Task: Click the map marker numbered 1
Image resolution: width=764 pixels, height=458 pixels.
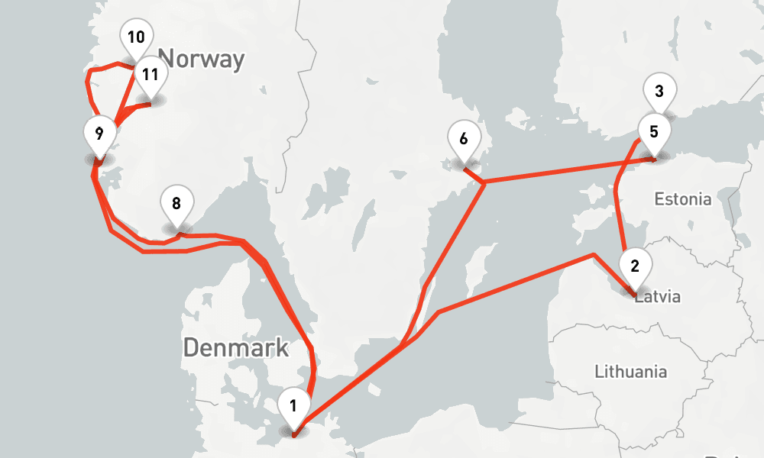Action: click(x=294, y=406)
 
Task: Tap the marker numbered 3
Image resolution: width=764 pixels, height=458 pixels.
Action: click(x=659, y=92)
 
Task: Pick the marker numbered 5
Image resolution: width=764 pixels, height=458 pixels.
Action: click(x=653, y=131)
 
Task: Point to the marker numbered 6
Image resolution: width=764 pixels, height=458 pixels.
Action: click(x=463, y=139)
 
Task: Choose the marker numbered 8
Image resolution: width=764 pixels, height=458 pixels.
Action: click(x=176, y=204)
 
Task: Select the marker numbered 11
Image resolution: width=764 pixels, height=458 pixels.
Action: click(x=150, y=75)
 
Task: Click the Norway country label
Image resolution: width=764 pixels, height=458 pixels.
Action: click(x=201, y=58)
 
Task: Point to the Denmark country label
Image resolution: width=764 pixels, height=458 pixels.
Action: click(x=235, y=348)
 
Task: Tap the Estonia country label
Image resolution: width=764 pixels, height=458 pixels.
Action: click(x=682, y=199)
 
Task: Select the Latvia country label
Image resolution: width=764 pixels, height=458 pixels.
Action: click(x=657, y=296)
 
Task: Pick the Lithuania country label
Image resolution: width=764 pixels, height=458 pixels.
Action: click(x=630, y=372)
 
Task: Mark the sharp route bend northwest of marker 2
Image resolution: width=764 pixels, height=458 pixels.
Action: click(x=594, y=254)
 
